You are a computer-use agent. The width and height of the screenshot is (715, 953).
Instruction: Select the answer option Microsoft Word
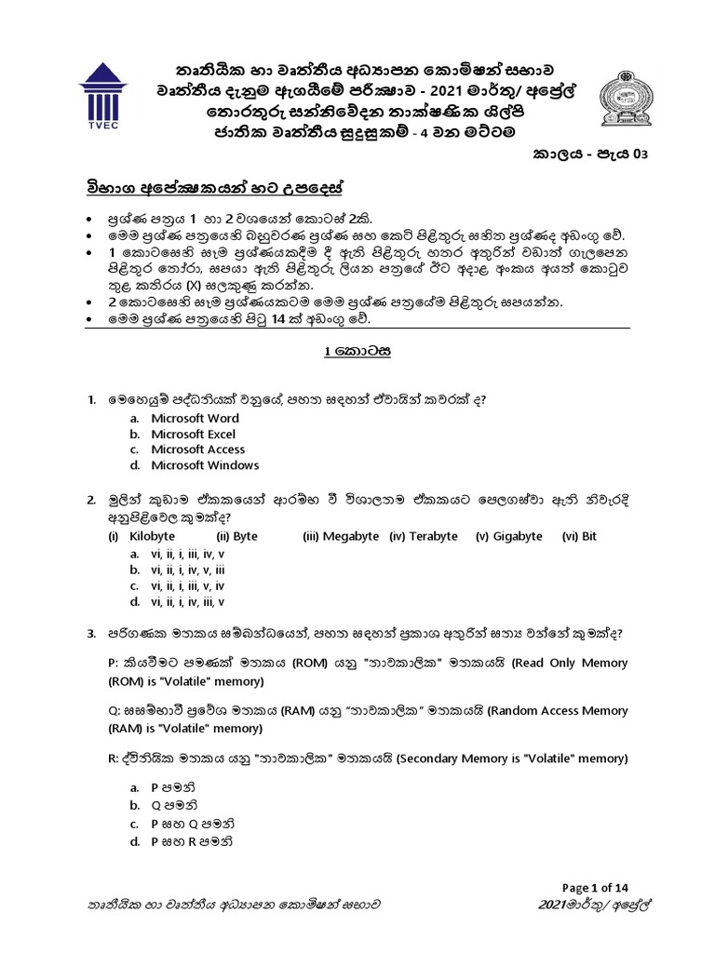[x=195, y=419]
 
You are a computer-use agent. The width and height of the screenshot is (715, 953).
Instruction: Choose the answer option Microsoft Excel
[x=194, y=435]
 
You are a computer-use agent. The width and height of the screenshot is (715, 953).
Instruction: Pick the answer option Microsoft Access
[x=197, y=450]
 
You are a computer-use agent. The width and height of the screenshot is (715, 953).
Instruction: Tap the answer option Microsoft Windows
[x=205, y=465]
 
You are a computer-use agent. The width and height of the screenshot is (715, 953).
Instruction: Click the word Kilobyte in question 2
[x=153, y=537]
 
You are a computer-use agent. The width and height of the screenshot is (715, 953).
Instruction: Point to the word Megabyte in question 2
[x=352, y=537]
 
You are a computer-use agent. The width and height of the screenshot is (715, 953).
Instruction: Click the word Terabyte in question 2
[x=433, y=537]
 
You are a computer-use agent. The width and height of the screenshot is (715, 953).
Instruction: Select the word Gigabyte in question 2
[x=517, y=537]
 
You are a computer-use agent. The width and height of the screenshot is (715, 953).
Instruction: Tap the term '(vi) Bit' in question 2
[x=579, y=537]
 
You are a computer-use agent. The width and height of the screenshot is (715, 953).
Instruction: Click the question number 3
[x=91, y=634]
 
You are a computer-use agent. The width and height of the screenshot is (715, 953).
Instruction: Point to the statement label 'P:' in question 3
[x=115, y=664]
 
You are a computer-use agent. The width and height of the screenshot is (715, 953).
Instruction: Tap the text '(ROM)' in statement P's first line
[x=309, y=664]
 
